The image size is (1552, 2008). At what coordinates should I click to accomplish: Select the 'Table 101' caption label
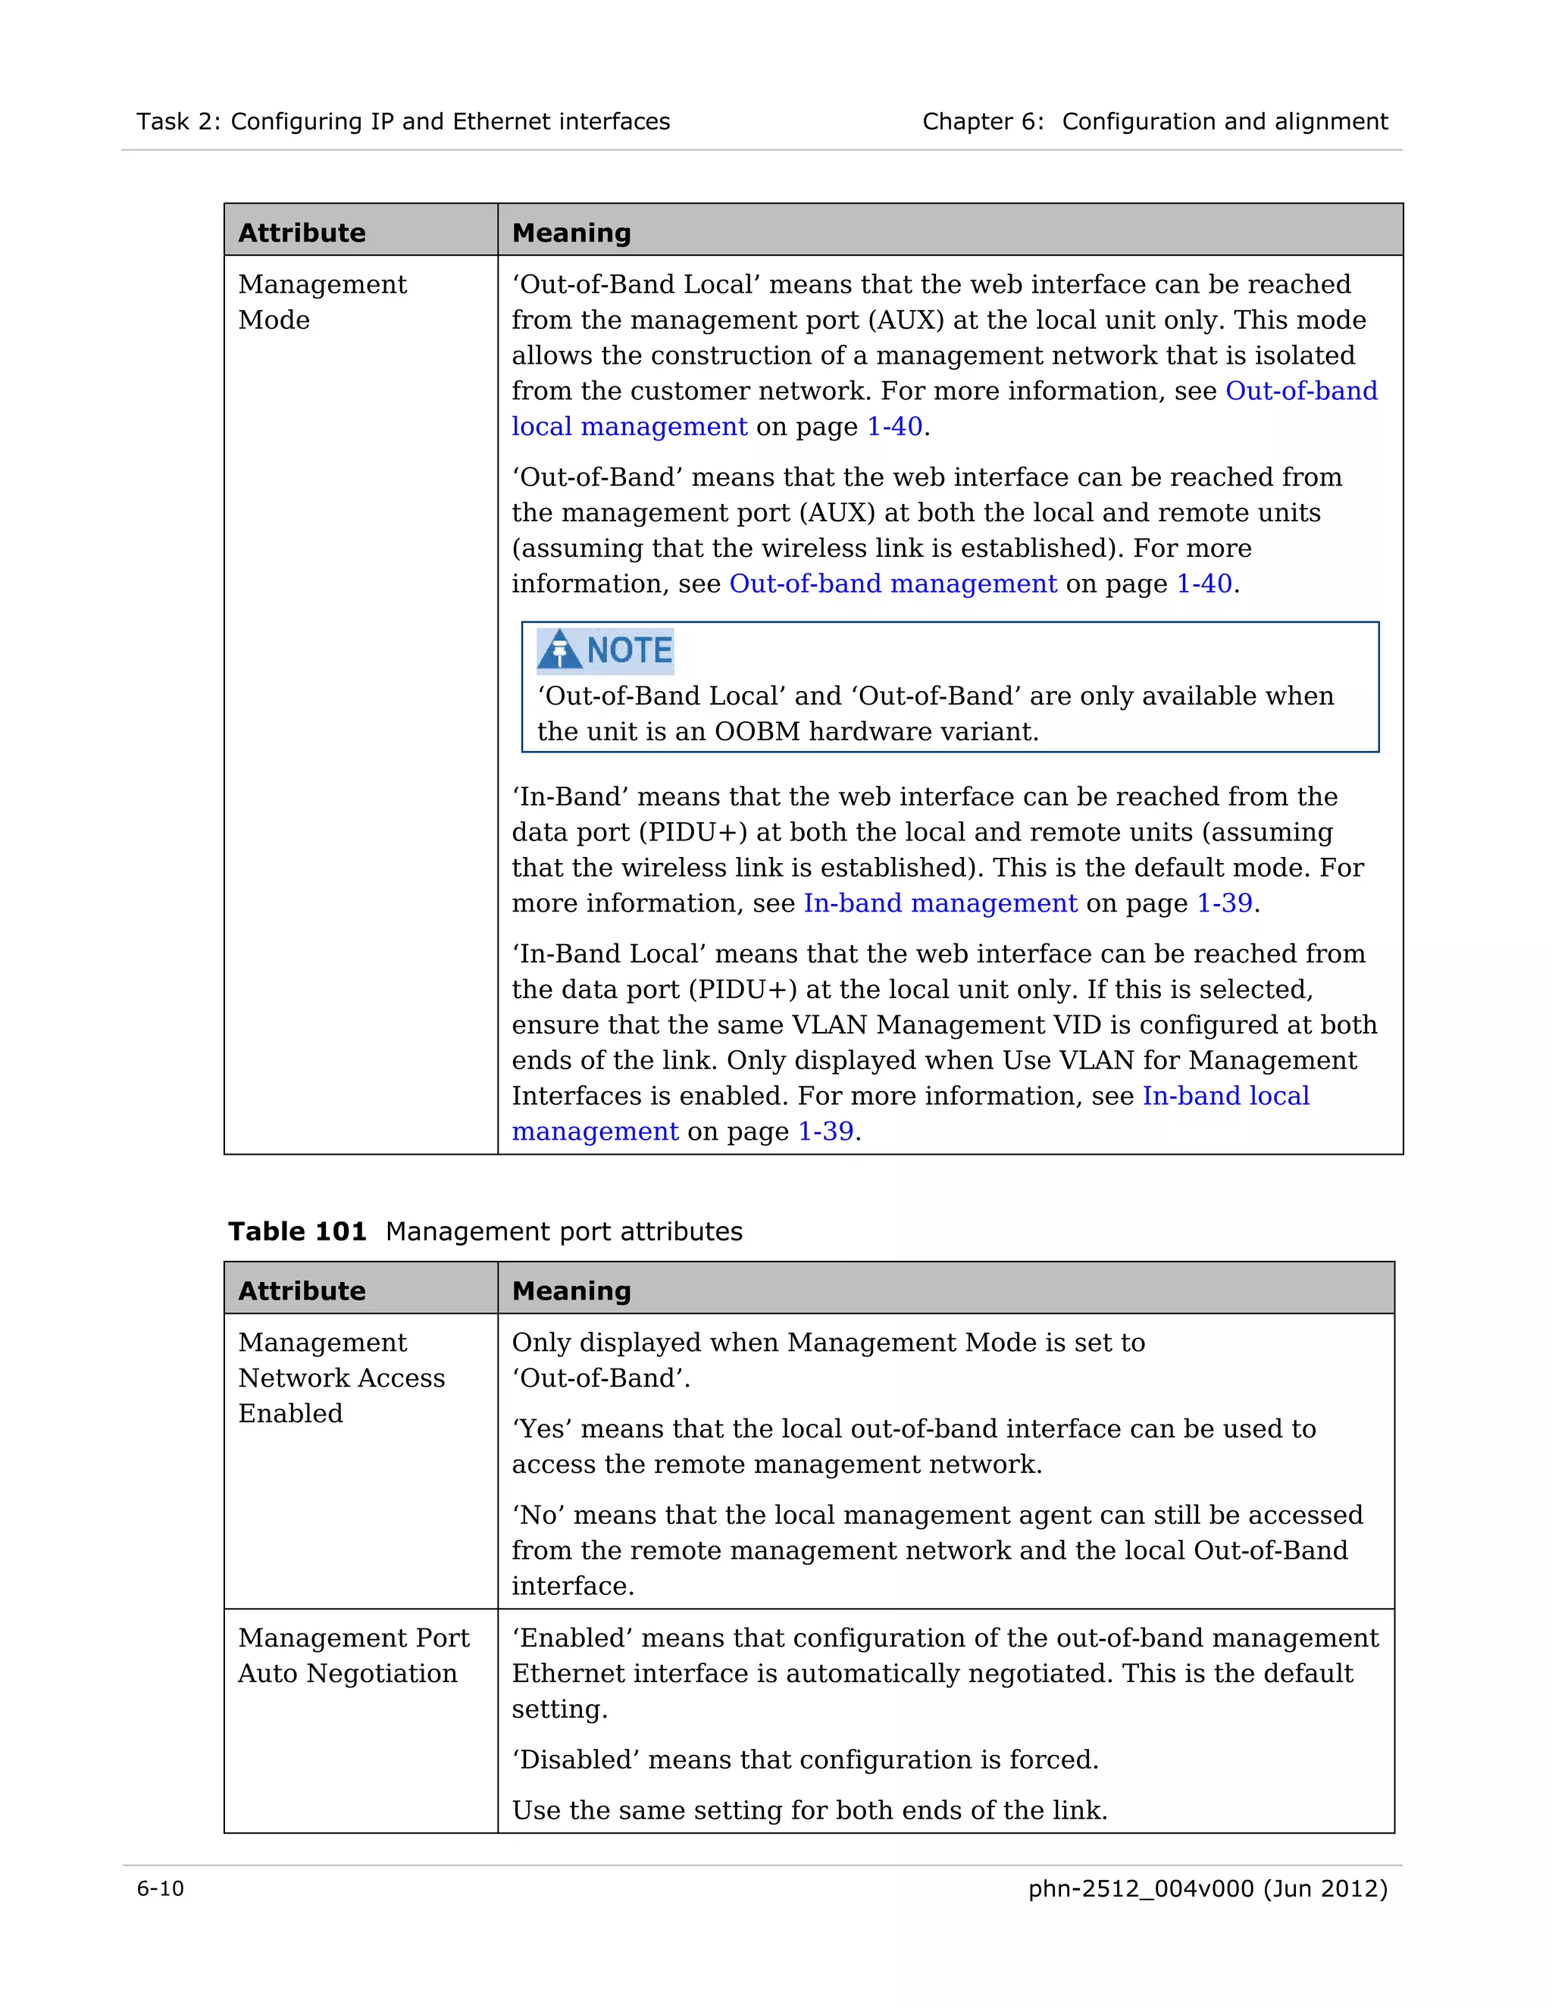297,1231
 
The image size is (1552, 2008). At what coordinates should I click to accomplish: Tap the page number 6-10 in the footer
160,1888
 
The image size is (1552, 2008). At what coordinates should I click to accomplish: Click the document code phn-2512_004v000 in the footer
1140,1888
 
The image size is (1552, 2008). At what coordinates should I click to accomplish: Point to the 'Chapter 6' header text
982,121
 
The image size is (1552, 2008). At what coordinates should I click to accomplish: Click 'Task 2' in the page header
178,121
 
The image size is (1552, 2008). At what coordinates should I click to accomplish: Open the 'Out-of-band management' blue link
892,583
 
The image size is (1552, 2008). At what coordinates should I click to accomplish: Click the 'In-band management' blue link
940,903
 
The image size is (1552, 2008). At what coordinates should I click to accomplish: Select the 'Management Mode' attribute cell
322,302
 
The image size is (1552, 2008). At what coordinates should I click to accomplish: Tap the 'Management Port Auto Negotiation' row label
352,1655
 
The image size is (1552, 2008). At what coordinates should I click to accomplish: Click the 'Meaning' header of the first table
571,233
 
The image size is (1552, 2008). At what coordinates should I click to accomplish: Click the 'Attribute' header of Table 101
302,1291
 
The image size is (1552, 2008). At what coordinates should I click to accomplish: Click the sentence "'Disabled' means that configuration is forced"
805,1759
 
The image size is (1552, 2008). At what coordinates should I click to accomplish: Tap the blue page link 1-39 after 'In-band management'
1224,903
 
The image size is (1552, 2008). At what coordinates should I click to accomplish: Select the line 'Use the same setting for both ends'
809,1809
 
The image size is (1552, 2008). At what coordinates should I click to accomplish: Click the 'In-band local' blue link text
1225,1096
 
